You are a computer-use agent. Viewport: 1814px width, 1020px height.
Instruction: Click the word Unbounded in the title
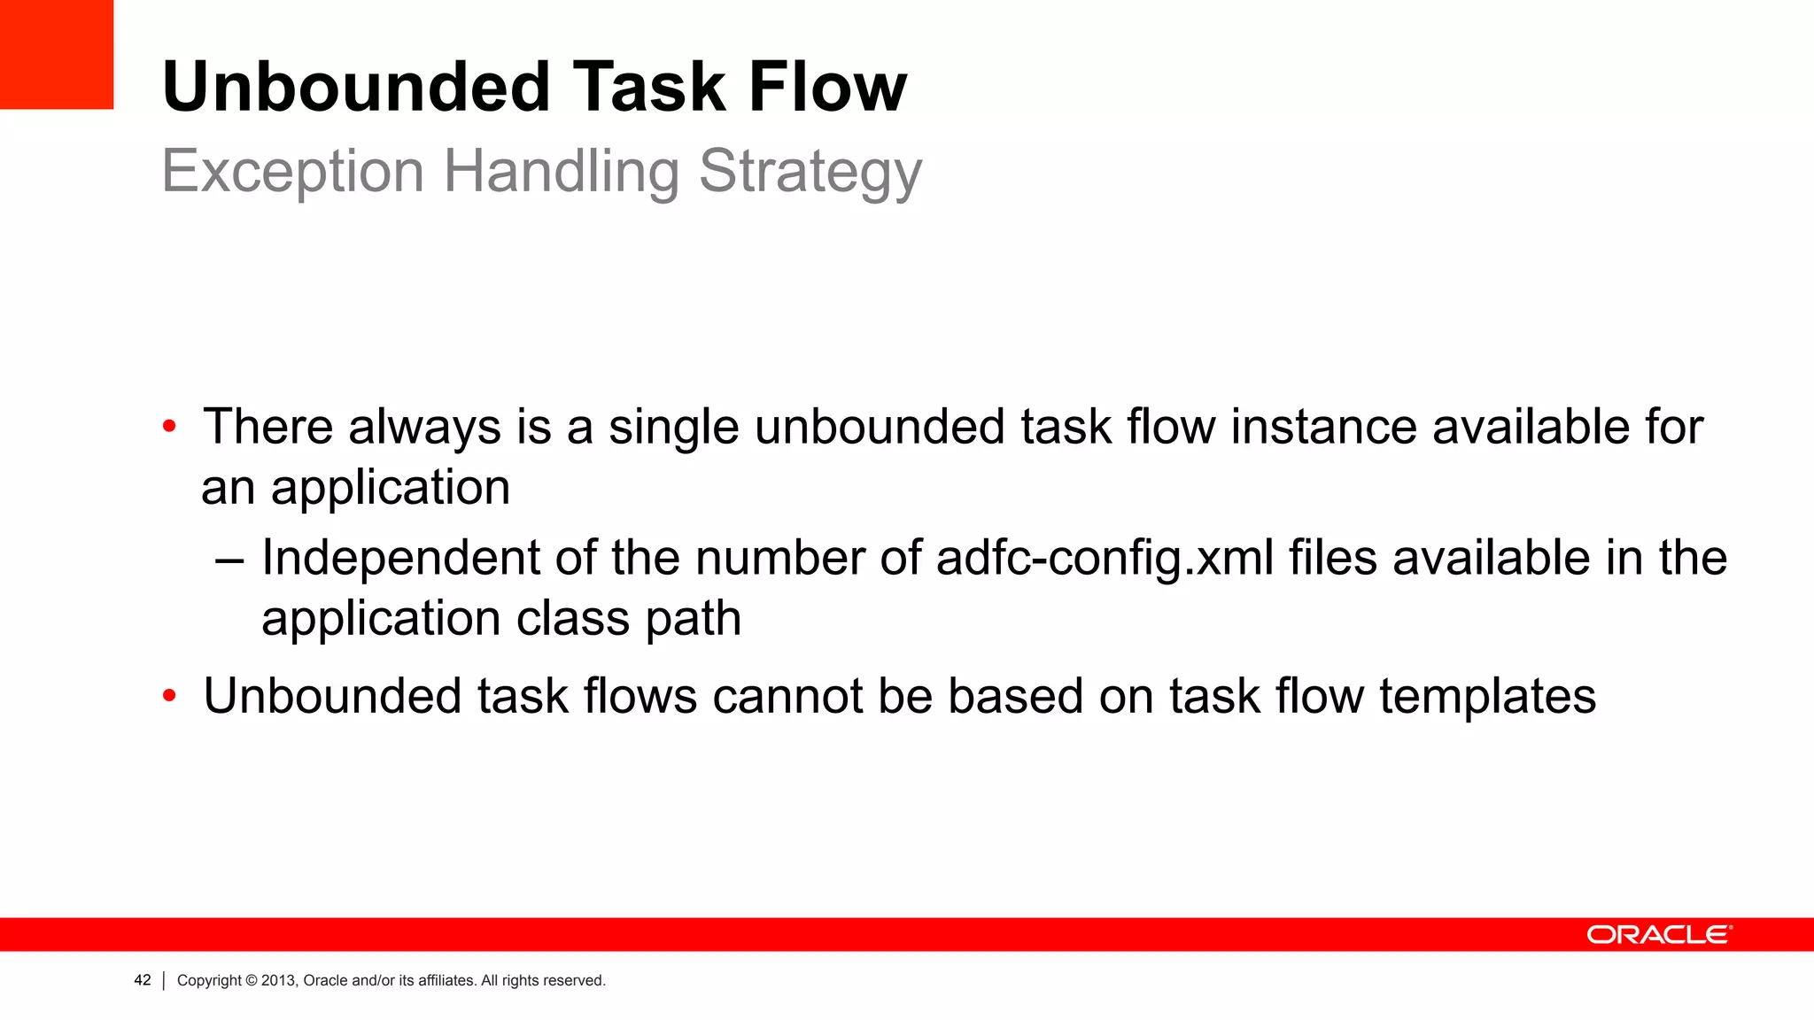coord(356,87)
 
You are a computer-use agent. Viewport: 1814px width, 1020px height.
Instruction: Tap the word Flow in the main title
coord(827,87)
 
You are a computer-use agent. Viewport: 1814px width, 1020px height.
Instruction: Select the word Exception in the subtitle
coord(293,170)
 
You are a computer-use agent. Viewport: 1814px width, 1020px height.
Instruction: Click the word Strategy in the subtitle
coord(810,172)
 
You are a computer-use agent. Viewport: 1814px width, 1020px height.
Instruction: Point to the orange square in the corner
coord(57,54)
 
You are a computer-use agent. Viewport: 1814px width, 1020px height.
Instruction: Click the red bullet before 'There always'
coord(169,428)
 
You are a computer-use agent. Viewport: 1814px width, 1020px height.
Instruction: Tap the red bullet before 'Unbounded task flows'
coord(169,697)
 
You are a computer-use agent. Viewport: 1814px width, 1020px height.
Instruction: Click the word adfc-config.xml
coord(1105,559)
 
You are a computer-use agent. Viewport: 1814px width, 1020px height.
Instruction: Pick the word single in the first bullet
coord(673,428)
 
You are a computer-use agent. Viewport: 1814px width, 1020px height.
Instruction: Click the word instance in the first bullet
coord(1323,427)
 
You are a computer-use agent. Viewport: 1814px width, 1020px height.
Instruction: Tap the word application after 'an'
coord(391,488)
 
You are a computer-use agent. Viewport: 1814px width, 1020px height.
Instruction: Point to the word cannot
coord(787,696)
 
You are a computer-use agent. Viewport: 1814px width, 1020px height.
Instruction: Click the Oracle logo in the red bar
coord(1658,935)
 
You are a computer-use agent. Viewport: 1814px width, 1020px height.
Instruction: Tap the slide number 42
coord(143,980)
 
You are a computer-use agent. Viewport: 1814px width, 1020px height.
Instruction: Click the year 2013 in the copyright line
coord(278,981)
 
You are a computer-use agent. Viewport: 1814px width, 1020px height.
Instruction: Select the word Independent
coord(400,559)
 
